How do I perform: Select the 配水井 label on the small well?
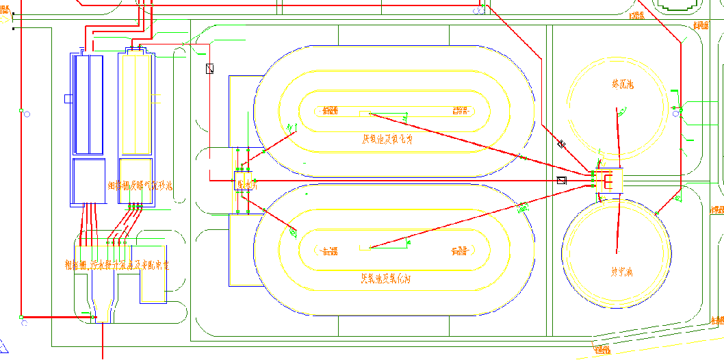click(x=246, y=184)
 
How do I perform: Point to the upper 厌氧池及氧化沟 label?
click(x=387, y=139)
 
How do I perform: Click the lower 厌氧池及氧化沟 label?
click(x=387, y=279)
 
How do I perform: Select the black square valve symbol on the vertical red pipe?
click(x=210, y=68)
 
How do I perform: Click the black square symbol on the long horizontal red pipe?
click(x=562, y=181)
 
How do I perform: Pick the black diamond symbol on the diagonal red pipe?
click(x=561, y=144)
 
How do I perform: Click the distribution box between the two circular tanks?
click(x=608, y=180)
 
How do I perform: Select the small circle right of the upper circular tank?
click(x=676, y=114)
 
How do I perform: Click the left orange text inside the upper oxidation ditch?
click(x=329, y=110)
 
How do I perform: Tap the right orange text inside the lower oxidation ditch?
click(x=458, y=251)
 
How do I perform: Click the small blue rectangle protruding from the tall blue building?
click(x=68, y=99)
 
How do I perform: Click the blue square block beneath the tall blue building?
click(x=89, y=181)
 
